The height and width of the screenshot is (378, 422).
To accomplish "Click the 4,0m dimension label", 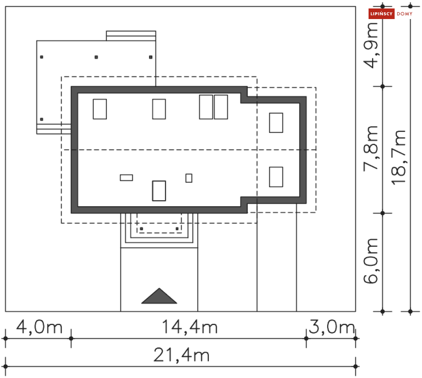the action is point(39,328).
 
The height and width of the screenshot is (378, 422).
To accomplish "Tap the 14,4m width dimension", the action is point(190,328).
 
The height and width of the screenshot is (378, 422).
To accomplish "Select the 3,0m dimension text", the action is point(332,327).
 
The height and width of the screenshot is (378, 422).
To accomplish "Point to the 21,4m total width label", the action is point(182,355).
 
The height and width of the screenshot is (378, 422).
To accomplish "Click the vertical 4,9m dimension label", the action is point(371,45).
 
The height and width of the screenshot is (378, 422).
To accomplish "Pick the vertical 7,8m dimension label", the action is point(371,149).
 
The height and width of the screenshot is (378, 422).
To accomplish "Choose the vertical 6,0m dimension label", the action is point(371,261).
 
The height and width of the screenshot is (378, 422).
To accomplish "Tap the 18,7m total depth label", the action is point(398,157).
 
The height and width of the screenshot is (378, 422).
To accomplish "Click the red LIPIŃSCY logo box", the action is point(381,14).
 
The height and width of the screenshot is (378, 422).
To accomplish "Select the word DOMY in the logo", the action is point(405,14).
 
